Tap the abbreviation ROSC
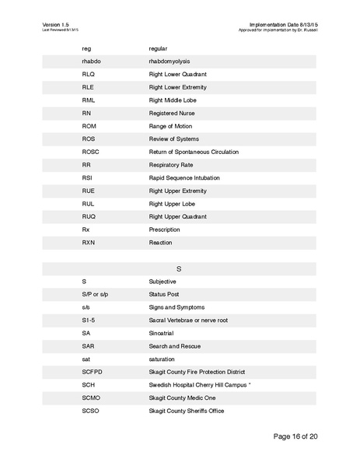(x=91, y=152)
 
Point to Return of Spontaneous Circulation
(x=193, y=152)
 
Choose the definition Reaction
(x=160, y=243)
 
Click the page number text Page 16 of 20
(x=295, y=436)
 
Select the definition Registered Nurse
(x=171, y=113)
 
